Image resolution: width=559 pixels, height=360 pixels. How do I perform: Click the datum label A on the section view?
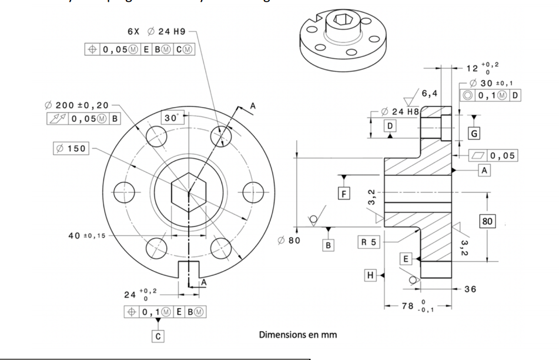(484, 170)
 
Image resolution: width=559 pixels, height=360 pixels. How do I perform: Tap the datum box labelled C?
(158, 336)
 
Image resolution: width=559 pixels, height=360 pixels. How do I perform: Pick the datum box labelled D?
(389, 125)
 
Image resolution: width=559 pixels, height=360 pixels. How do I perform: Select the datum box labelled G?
(473, 134)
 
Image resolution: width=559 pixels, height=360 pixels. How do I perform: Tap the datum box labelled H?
(370, 275)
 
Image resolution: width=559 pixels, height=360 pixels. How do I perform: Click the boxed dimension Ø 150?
(70, 148)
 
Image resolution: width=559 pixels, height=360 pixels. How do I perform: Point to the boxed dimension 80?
(487, 221)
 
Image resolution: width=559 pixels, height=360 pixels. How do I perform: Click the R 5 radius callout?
(370, 242)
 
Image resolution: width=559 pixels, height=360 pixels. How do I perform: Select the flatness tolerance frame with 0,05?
(494, 155)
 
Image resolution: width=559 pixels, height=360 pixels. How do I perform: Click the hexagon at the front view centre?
(188, 192)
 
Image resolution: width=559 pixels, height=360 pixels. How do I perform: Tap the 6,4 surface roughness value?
(430, 92)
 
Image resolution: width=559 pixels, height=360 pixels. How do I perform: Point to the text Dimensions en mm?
(298, 335)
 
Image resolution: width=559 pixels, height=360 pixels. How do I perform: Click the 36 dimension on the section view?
(470, 289)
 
